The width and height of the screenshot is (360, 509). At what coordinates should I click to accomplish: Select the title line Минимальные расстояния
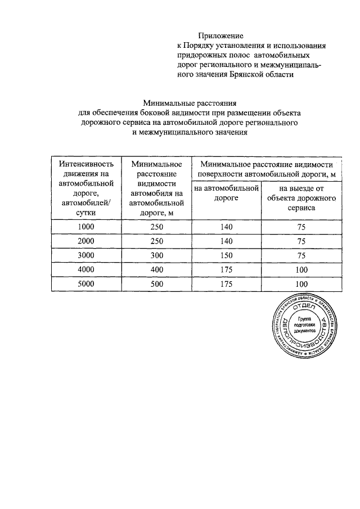(189, 102)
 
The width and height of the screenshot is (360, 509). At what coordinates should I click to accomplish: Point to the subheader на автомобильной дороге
(226, 193)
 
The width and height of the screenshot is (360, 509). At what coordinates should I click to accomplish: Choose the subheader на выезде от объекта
(302, 198)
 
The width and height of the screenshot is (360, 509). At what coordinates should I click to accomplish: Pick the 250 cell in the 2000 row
(156, 241)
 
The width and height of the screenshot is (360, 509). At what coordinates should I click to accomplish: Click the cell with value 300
(156, 255)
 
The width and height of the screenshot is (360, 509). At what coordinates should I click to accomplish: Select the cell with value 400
(156, 269)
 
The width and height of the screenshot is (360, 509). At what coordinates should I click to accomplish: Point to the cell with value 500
(156, 283)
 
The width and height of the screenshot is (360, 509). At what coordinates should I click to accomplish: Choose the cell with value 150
(227, 255)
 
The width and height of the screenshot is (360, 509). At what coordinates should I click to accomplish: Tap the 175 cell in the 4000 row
(227, 269)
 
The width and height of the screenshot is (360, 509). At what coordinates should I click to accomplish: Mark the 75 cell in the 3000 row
(301, 255)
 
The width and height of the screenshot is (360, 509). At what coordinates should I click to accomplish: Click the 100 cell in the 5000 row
(301, 284)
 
